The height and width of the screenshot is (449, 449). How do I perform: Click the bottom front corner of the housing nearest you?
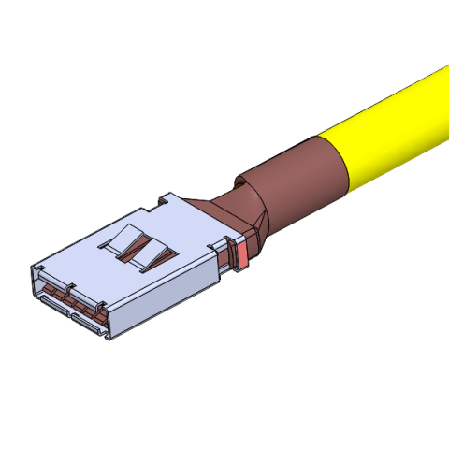pyautogui.click(x=108, y=338)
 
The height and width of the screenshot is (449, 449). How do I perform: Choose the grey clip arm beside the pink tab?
pyautogui.click(x=225, y=257)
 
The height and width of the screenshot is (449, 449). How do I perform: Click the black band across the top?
pyautogui.click(x=224, y=28)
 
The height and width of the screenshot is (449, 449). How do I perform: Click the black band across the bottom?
pyautogui.click(x=224, y=421)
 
